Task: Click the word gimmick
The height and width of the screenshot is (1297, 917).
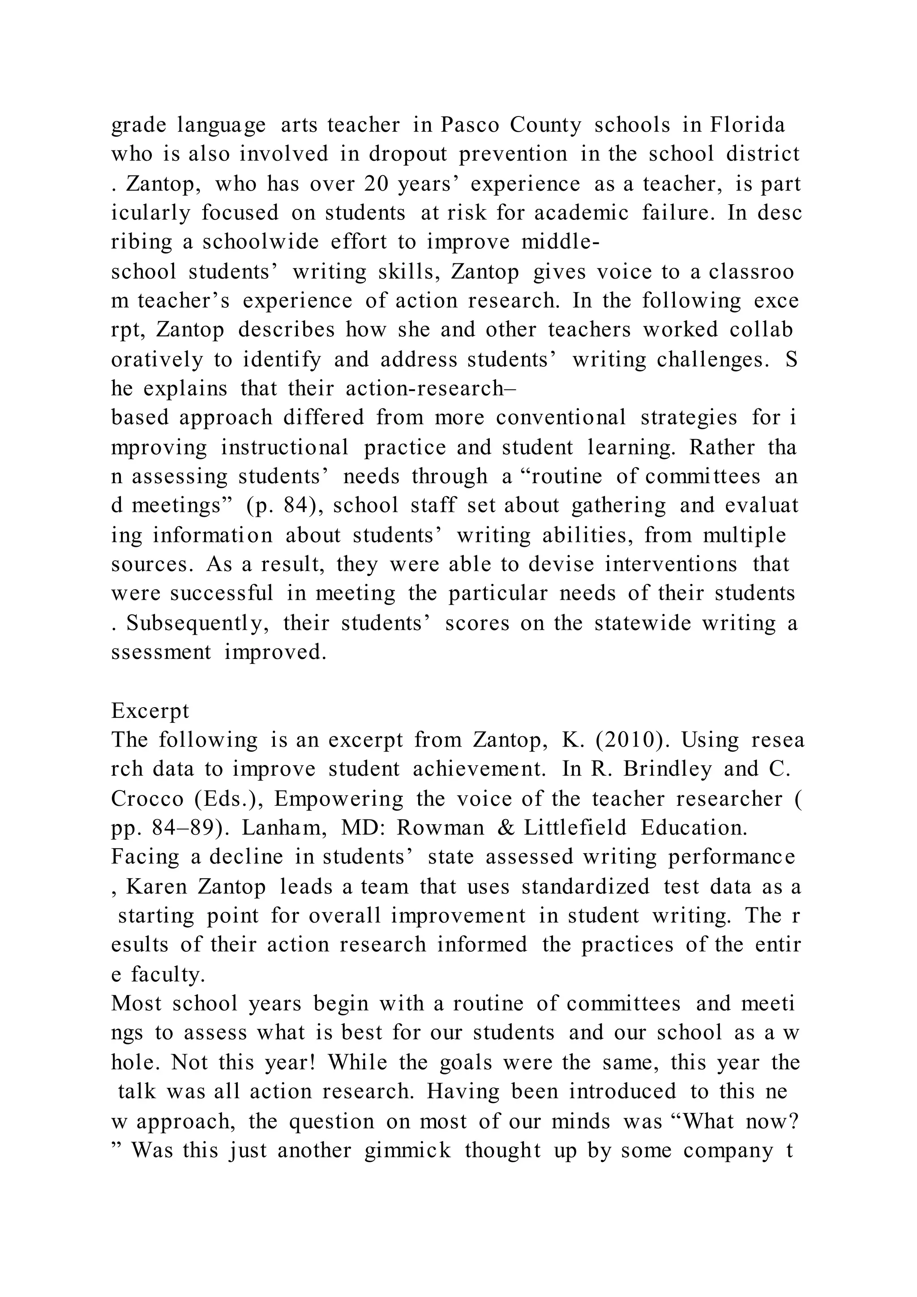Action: point(408,1151)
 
